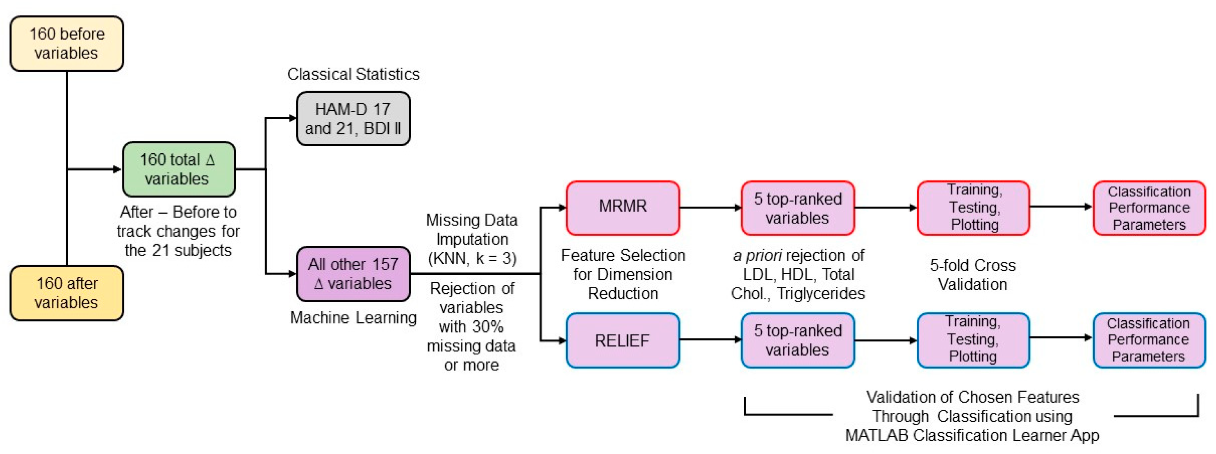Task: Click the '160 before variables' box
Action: [67, 44]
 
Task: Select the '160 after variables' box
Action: [67, 293]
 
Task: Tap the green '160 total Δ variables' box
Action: [178, 169]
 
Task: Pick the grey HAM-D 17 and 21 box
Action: [353, 119]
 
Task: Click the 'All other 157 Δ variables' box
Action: [353, 274]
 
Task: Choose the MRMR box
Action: [623, 208]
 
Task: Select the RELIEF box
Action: [623, 340]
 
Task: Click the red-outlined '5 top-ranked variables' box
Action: [798, 208]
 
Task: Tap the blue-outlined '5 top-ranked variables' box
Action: [798, 340]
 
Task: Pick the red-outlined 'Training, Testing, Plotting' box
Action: [973, 208]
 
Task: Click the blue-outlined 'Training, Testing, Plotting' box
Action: [973, 340]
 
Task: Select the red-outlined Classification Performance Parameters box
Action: [1149, 208]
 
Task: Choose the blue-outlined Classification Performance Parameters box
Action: [1149, 340]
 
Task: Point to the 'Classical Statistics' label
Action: [353, 74]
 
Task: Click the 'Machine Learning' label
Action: [353, 318]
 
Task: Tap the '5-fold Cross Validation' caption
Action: [973, 275]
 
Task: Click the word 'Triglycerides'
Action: [821, 294]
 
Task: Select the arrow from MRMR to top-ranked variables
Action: [710, 208]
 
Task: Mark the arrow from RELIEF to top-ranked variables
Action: [710, 340]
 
